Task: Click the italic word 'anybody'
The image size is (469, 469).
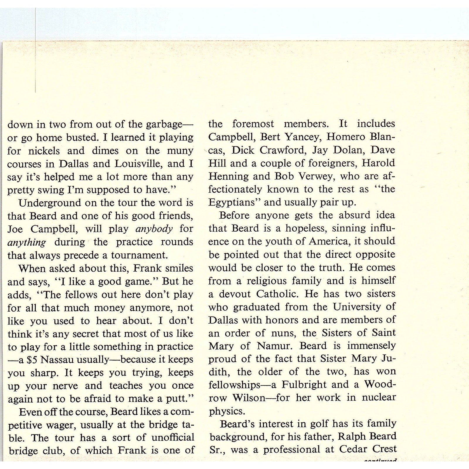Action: (154, 229)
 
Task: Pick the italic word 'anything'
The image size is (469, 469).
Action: (27, 242)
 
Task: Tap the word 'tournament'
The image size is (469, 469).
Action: (139, 255)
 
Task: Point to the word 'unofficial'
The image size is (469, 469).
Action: (173, 438)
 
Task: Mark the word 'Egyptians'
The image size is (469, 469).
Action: (235, 203)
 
